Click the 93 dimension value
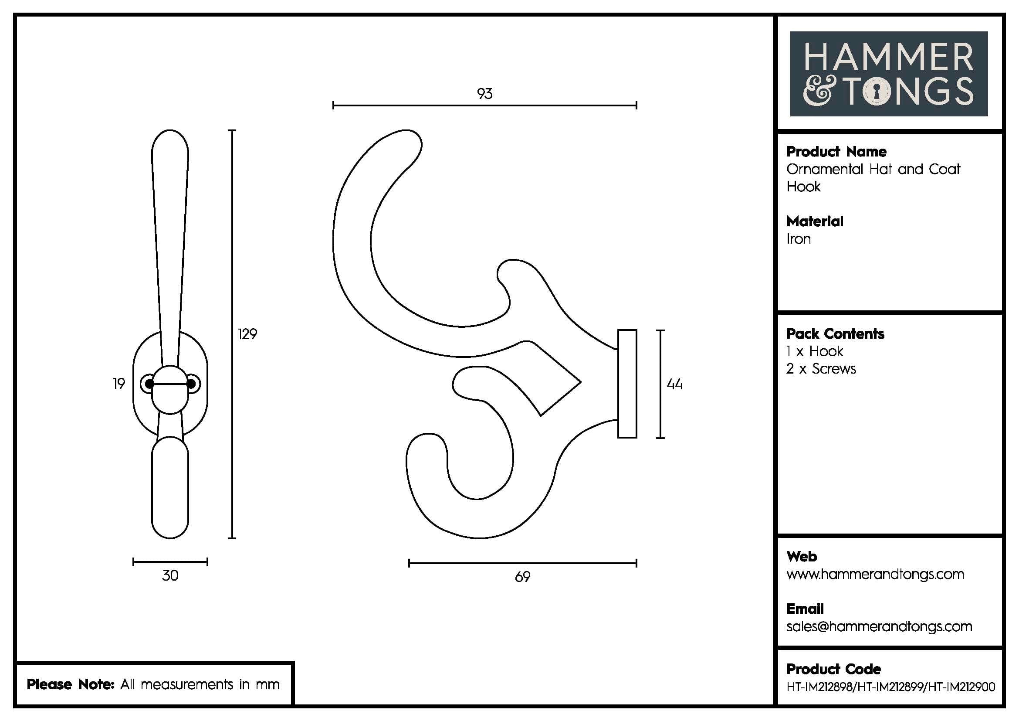(x=484, y=94)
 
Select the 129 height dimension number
(x=247, y=334)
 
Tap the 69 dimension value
(x=522, y=577)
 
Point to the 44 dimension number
(x=674, y=384)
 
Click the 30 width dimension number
(x=170, y=576)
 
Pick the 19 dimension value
(x=119, y=384)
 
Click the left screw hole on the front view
(x=149, y=384)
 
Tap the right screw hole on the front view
(x=192, y=384)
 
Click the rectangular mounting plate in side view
(x=627, y=384)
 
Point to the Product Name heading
(x=836, y=152)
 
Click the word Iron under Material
(x=799, y=239)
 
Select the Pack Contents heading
(x=835, y=334)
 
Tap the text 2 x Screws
(x=821, y=369)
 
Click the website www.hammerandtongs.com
(x=875, y=575)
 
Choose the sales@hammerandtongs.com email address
(x=879, y=626)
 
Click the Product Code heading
(x=833, y=669)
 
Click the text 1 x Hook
(x=814, y=352)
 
